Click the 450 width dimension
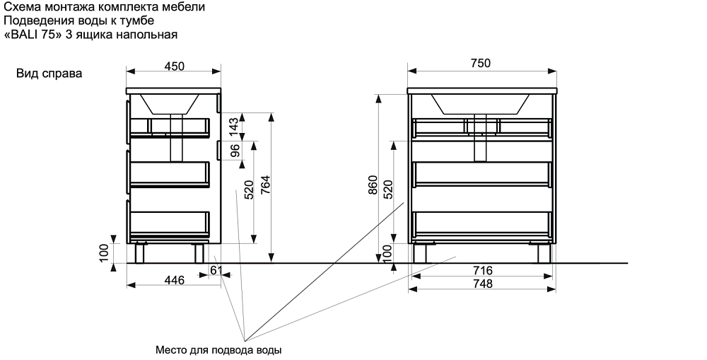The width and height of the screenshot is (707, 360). coord(174,66)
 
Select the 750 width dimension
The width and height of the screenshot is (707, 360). coord(481,64)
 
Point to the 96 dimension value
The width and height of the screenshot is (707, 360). coord(234,150)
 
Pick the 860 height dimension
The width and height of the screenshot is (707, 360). coord(373,186)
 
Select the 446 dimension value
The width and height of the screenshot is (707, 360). coord(174,281)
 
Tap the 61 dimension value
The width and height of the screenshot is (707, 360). coord(217,270)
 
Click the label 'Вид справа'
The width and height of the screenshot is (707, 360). coord(49,74)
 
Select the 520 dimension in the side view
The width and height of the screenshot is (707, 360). coord(248,189)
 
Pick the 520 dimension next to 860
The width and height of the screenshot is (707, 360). coord(387,190)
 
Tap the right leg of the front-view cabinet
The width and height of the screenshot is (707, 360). coord(544,252)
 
